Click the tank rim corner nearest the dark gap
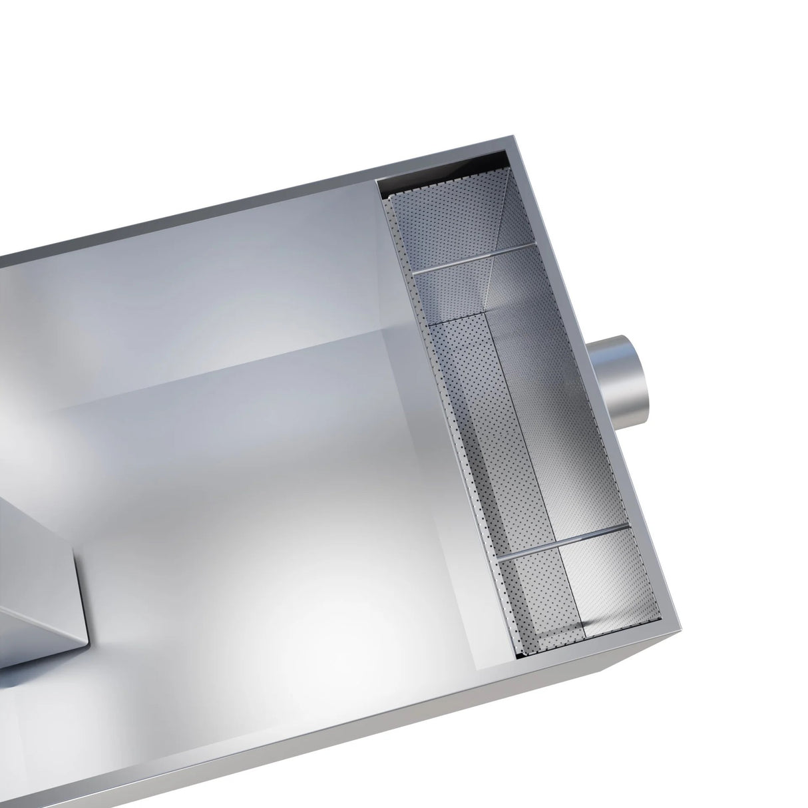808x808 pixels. (x=513, y=143)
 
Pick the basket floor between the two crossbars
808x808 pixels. (x=532, y=413)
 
